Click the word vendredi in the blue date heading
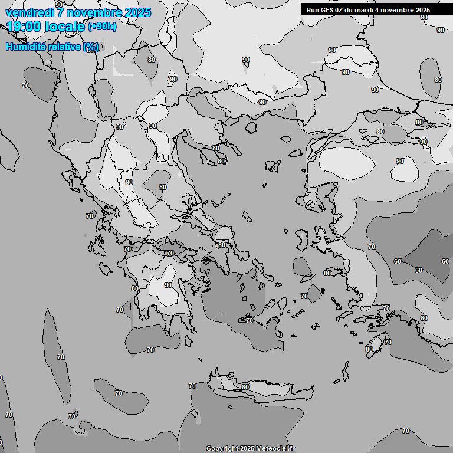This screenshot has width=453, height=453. click(x=27, y=12)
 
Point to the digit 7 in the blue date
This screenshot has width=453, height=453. click(x=60, y=12)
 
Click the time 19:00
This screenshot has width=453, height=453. click(x=24, y=26)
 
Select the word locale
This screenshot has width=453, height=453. click(x=65, y=26)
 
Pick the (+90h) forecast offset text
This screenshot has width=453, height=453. click(x=102, y=27)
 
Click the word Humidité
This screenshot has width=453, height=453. click(x=25, y=47)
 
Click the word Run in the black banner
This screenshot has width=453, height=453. click(x=313, y=10)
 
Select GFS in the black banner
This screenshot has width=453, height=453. click(x=327, y=10)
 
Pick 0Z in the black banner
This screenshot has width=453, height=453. click(x=342, y=10)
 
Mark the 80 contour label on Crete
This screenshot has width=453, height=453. click(x=245, y=387)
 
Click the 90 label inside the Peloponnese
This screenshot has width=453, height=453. click(x=168, y=285)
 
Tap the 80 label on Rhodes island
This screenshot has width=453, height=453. click(x=369, y=349)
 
